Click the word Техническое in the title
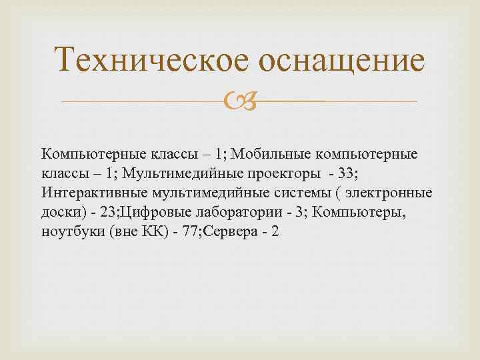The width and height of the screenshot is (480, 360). pos(153,62)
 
